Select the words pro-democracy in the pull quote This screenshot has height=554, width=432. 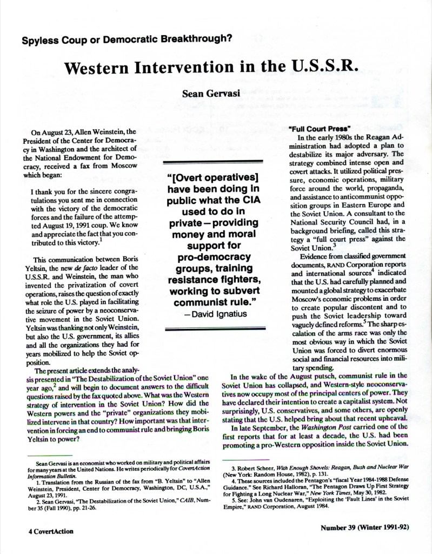(x=216, y=255)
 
